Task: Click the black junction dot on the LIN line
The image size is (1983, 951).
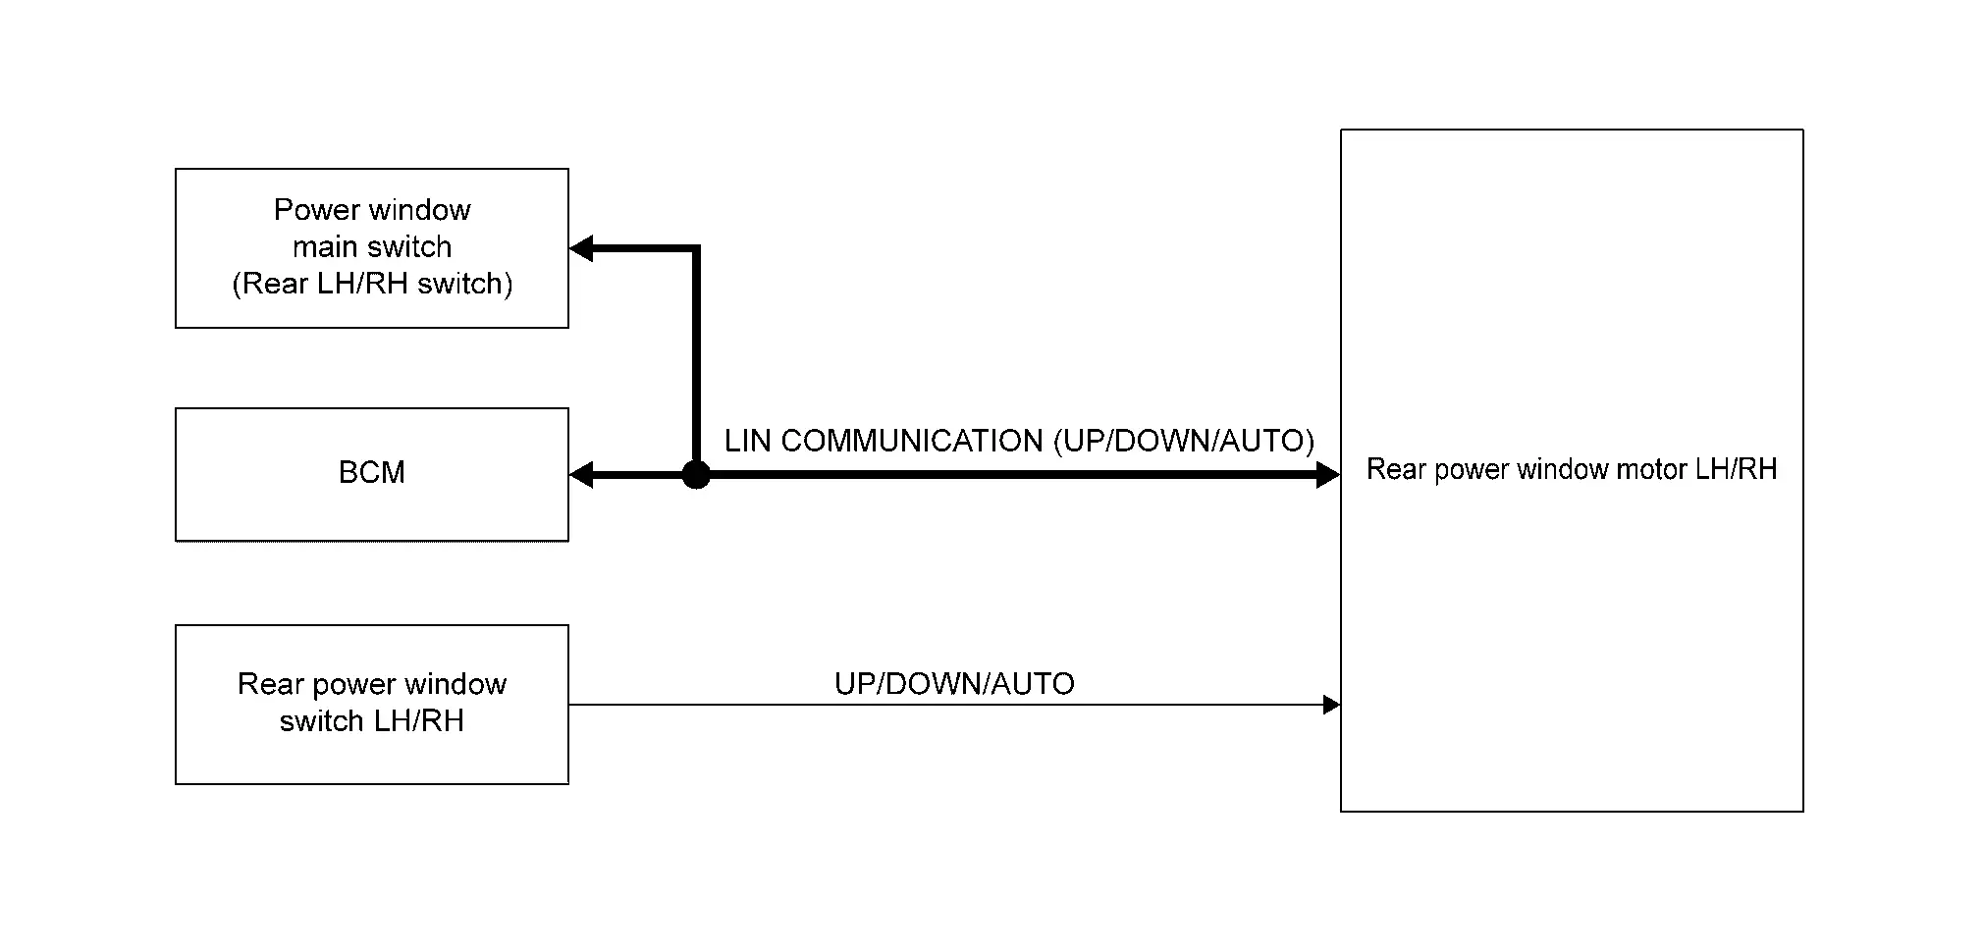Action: [x=696, y=475]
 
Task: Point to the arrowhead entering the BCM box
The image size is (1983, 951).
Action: [x=581, y=475]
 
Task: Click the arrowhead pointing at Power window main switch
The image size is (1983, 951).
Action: [x=581, y=248]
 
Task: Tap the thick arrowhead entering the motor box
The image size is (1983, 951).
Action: [x=1328, y=475]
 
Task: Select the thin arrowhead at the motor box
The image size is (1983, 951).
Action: [x=1332, y=705]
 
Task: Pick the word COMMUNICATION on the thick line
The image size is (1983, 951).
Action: [x=912, y=441]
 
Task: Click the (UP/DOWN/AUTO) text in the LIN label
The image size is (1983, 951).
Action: [x=1184, y=441]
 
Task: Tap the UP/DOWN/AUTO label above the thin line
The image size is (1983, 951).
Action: [x=954, y=683]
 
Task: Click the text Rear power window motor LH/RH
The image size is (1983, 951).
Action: [x=1572, y=469]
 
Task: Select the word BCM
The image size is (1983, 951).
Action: [x=372, y=472]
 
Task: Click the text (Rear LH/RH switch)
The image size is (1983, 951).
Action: [x=372, y=284]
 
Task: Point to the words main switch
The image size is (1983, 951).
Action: [x=372, y=246]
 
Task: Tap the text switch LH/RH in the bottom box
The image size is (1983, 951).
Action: [x=372, y=720]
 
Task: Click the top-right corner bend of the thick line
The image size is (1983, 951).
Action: [x=696, y=248]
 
